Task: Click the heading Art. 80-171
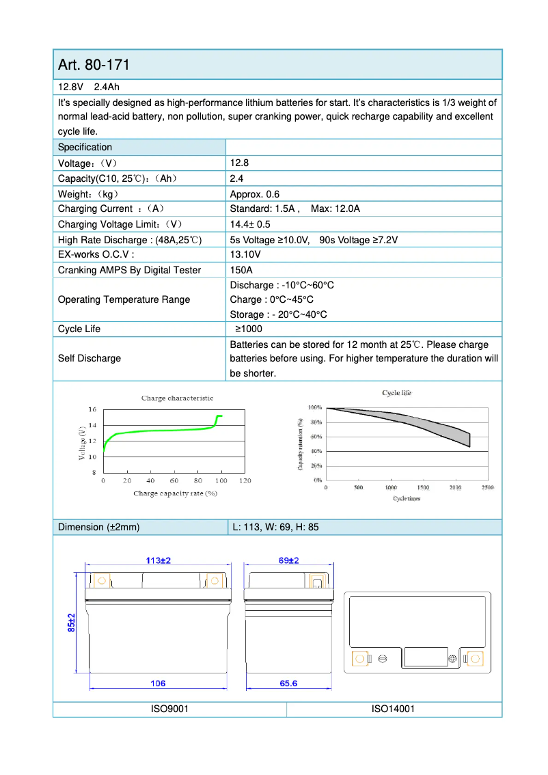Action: click(94, 65)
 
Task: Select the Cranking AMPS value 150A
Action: click(241, 270)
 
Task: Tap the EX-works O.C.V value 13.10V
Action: click(245, 255)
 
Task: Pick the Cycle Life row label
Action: click(79, 329)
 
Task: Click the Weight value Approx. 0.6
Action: click(255, 194)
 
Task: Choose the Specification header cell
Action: click(85, 147)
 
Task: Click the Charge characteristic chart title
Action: click(177, 398)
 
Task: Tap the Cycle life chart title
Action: click(396, 393)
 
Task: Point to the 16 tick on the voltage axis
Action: click(92, 409)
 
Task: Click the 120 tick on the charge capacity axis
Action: click(245, 481)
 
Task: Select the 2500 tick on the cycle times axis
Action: click(487, 487)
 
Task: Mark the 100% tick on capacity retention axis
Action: click(314, 407)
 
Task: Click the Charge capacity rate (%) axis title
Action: click(175, 493)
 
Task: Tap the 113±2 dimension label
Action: click(158, 560)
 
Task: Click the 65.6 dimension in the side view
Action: click(289, 683)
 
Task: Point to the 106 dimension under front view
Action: click(158, 683)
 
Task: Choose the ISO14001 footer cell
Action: click(393, 709)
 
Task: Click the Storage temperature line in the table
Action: click(278, 314)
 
